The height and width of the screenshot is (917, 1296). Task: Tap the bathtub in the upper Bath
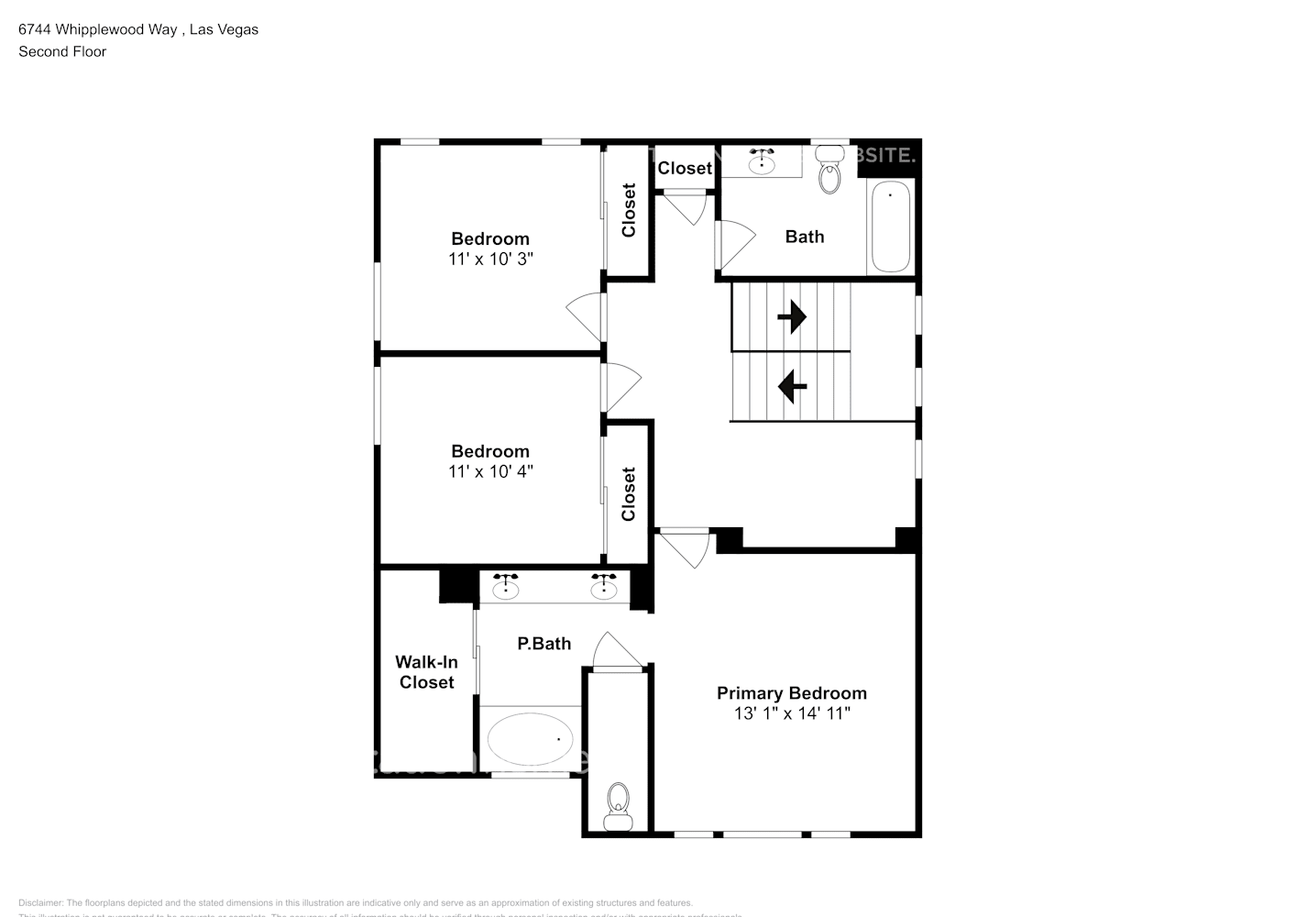click(x=890, y=226)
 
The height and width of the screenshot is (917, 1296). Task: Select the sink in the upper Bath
click(x=762, y=161)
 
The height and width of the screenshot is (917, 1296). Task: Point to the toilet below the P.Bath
click(x=619, y=805)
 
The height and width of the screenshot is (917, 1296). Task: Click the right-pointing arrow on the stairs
click(x=791, y=317)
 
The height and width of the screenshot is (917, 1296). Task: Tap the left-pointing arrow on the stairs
click(x=792, y=386)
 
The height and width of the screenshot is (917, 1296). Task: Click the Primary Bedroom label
click(x=791, y=693)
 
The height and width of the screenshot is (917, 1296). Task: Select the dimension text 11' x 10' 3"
click(x=490, y=260)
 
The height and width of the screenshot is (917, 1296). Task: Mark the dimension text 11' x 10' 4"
click(x=490, y=471)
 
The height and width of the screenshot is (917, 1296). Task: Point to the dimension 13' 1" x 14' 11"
click(x=792, y=713)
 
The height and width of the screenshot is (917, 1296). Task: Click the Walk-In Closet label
click(x=426, y=672)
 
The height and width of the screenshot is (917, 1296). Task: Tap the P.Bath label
click(x=544, y=644)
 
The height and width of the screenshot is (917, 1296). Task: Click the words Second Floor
click(x=62, y=51)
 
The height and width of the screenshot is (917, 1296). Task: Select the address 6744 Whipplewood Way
click(x=98, y=29)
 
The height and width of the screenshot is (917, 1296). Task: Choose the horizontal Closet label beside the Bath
click(x=685, y=168)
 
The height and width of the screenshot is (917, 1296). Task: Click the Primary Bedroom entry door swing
click(x=685, y=548)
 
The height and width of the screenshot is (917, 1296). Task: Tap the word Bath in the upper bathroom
click(x=804, y=237)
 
